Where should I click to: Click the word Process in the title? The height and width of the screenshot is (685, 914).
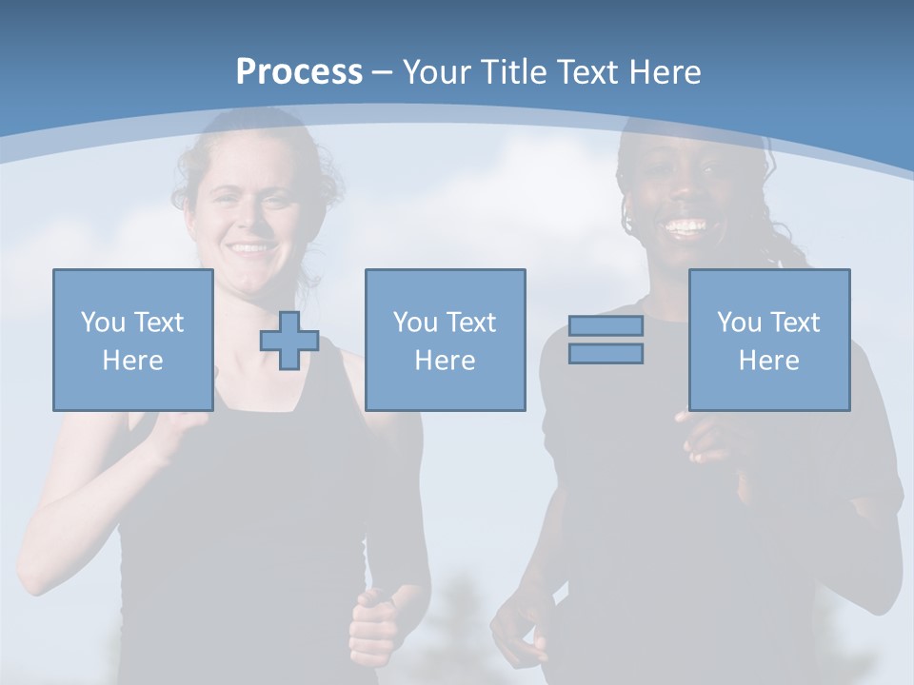point(299,72)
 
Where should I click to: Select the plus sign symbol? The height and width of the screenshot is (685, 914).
point(289,341)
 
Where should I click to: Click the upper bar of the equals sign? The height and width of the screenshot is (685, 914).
point(606,326)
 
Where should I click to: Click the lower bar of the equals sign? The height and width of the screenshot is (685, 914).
point(606,354)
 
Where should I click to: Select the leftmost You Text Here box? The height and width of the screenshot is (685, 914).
point(133,340)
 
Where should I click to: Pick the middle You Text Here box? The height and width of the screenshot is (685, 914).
point(445,340)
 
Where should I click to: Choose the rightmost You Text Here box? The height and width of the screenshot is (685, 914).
point(768,340)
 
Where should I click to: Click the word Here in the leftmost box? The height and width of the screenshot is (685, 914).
point(132,361)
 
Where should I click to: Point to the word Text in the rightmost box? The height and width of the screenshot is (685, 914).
point(795,323)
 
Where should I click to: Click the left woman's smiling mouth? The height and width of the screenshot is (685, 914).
point(250,248)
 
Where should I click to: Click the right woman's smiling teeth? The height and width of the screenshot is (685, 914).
point(685,227)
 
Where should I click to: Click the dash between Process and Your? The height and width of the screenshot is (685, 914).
point(383,72)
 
